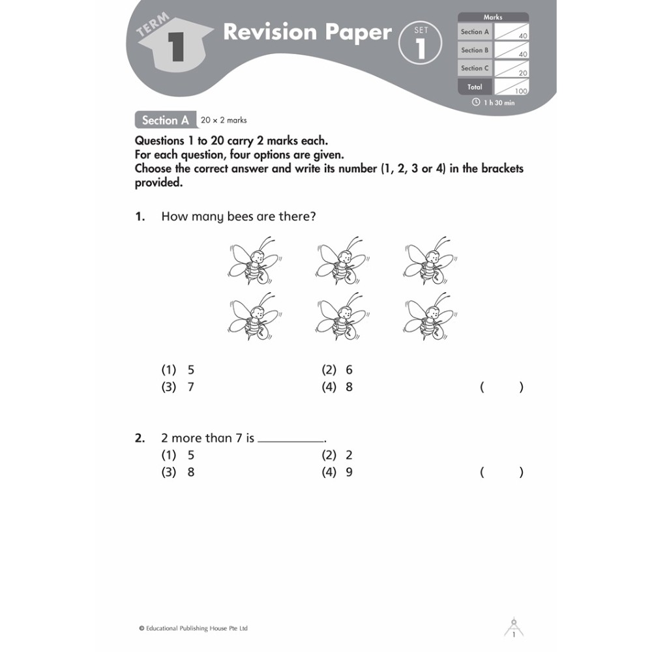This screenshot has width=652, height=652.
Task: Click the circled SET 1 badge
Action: (421, 43)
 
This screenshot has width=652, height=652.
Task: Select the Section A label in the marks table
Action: (475, 32)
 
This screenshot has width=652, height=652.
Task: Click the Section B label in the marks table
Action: (475, 50)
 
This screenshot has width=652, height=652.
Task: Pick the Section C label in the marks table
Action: (475, 68)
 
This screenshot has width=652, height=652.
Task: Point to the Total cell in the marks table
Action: (475, 87)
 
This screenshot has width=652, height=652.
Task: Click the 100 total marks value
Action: (520, 91)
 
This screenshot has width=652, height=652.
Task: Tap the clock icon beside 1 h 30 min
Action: (476, 102)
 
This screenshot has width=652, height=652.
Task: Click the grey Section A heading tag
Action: (165, 120)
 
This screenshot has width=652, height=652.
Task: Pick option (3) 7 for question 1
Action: (178, 387)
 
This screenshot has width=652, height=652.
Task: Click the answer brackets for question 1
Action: (501, 387)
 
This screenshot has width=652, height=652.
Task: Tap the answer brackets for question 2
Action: (501, 472)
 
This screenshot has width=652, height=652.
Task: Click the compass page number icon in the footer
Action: (514, 628)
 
